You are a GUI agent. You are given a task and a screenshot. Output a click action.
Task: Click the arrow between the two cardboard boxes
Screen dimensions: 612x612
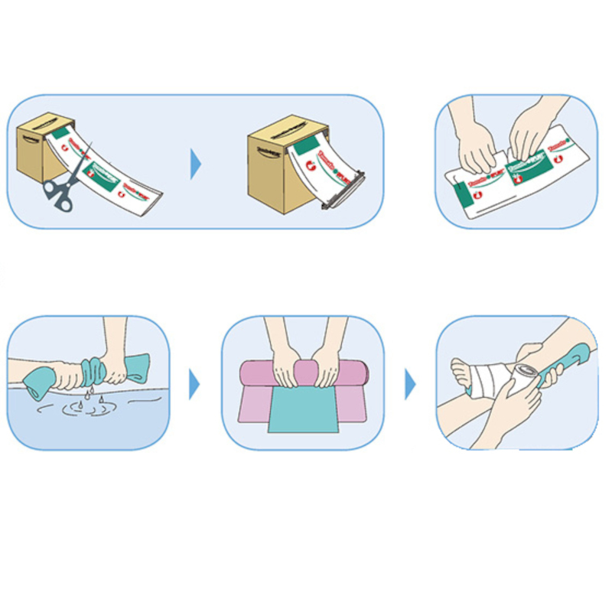[196, 163]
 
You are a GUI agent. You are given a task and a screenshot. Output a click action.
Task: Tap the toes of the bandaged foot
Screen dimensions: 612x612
[458, 375]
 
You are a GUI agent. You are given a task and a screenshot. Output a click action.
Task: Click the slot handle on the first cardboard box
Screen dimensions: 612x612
[31, 140]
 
